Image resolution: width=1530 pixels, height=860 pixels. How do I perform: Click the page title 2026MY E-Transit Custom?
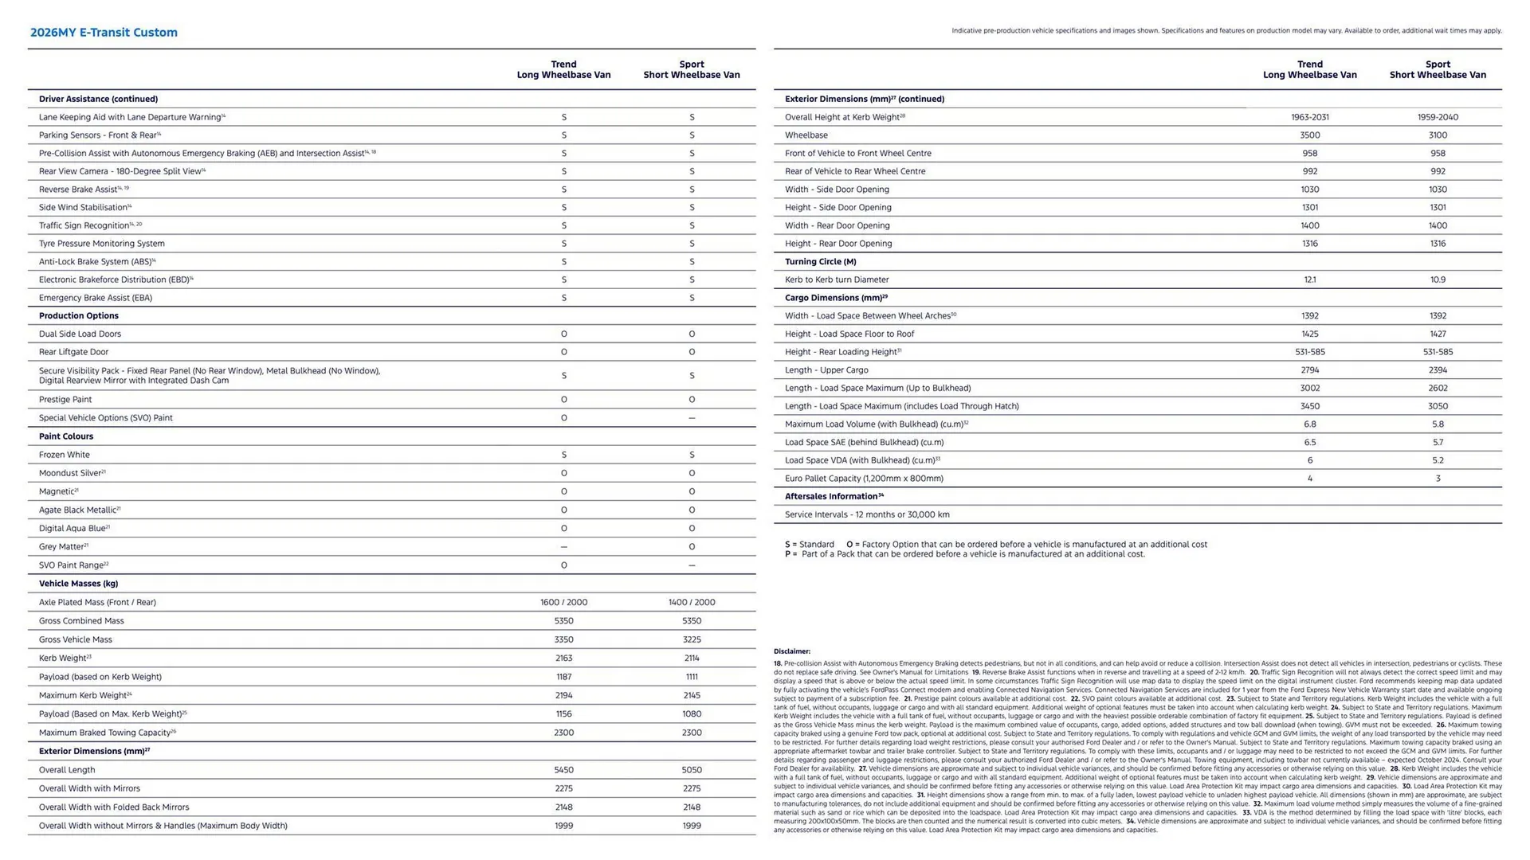pos(104,33)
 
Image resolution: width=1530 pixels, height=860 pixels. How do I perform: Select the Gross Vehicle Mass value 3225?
pos(691,639)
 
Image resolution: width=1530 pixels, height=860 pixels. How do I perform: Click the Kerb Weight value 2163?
pos(563,659)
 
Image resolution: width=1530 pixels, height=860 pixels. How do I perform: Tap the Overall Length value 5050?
pos(691,770)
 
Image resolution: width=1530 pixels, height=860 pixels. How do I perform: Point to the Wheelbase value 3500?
pos(1309,135)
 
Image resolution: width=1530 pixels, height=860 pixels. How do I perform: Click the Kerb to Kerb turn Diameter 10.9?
pos(1437,279)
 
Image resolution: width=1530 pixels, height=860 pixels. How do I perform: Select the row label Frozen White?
pos(65,455)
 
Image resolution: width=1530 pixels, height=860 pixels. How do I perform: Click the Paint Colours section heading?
pos(66,436)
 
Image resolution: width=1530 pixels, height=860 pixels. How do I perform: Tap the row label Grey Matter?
pos(62,547)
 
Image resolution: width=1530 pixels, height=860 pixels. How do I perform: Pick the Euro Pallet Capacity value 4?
pos(1309,479)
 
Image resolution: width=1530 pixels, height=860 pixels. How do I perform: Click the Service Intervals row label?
pos(866,514)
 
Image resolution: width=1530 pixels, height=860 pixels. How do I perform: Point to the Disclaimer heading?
pos(791,651)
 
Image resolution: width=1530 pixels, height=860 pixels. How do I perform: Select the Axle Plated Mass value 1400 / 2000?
pos(691,603)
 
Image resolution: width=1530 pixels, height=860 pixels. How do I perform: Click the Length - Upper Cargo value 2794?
pos(1309,370)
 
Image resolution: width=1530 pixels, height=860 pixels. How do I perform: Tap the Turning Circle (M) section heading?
pos(820,261)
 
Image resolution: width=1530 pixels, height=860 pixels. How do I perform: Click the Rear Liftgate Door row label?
pos(73,352)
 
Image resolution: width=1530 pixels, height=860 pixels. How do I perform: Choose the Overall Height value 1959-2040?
pos(1437,117)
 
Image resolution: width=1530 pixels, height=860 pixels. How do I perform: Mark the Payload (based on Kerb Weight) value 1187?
pos(563,677)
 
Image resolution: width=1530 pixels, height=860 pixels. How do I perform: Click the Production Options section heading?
pos(79,316)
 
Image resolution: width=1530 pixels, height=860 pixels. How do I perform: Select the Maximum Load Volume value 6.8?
pos(1309,424)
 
